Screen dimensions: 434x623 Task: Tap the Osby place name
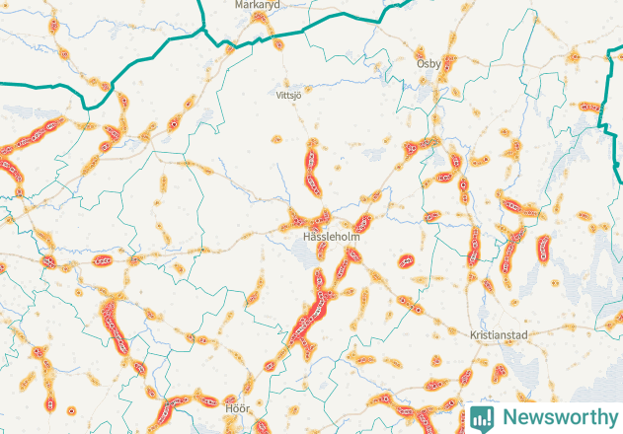coord(428,63)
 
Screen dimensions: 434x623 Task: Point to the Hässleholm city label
coord(330,238)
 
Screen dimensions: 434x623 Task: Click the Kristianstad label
coord(501,335)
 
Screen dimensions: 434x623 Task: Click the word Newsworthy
coord(559,417)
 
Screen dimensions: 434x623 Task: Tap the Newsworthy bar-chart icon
coord(482,417)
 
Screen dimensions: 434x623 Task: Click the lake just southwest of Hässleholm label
coord(303,258)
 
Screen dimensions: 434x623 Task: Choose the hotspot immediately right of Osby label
coord(450,65)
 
